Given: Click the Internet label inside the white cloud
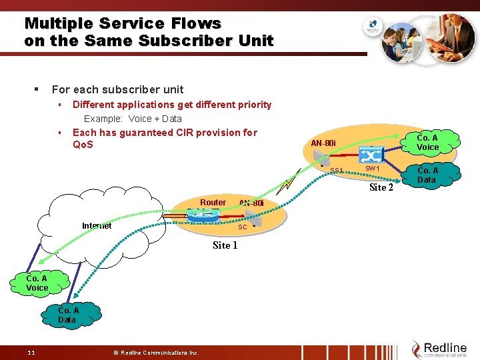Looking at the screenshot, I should [97, 226].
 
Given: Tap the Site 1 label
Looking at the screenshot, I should [225, 245].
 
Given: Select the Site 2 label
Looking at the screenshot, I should [381, 187].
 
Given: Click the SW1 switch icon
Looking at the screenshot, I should [371, 155].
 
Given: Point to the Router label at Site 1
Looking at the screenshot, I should [213, 203].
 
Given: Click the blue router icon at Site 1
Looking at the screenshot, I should [206, 216].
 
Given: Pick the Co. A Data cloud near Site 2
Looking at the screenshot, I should [426, 175].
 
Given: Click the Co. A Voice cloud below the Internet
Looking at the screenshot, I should [37, 283].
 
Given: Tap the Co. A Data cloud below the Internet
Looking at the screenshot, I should [67, 315].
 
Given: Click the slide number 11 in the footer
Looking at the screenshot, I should [31, 352].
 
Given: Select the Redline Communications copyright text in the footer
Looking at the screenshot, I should [156, 352].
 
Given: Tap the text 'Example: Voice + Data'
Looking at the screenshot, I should [133, 119].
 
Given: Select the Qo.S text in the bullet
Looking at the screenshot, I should [83, 145].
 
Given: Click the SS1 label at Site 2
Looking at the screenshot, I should [337, 171].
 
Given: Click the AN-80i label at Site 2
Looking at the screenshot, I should [324, 143].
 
